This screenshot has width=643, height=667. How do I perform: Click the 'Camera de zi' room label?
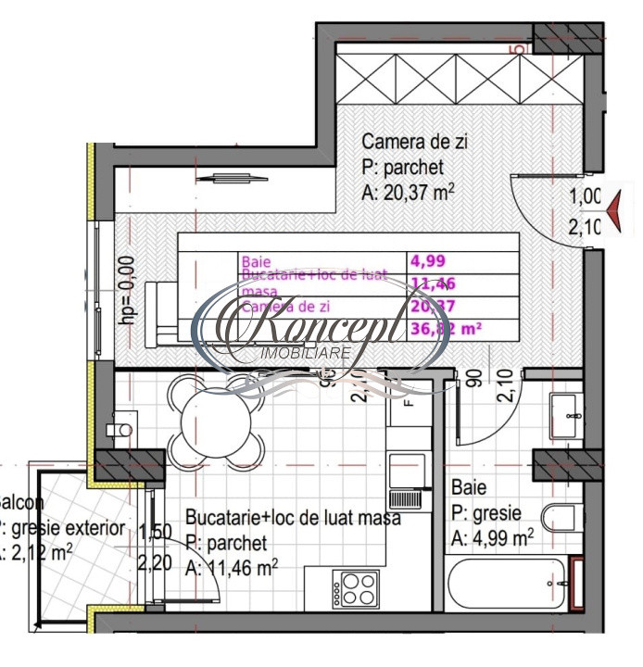click(414, 143)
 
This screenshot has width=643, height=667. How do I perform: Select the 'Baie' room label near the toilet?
click(469, 487)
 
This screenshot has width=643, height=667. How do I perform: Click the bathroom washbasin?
click(562, 416)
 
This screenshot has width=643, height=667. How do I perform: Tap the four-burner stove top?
click(358, 587)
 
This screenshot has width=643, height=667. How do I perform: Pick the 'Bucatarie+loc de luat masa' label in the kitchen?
click(293, 518)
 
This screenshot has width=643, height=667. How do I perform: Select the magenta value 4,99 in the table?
click(428, 261)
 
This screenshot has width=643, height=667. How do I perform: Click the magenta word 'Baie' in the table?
click(256, 262)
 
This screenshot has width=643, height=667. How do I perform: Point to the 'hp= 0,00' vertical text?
click(127, 289)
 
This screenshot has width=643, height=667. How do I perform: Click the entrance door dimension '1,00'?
click(586, 196)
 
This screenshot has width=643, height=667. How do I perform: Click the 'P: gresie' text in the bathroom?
click(486, 513)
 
